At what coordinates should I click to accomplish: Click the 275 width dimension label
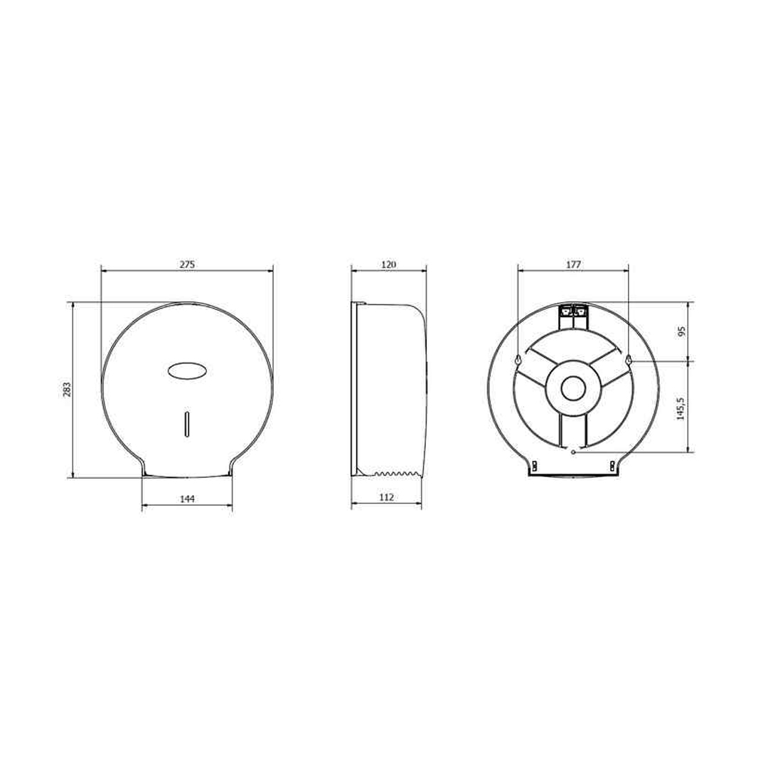pos(186,265)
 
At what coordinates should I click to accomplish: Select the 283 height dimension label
pos(67,390)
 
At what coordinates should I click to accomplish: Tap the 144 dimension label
pos(187,498)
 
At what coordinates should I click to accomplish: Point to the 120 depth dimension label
pos(388,265)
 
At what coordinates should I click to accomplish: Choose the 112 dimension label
pos(386,497)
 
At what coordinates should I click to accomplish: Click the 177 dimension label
pos(573,265)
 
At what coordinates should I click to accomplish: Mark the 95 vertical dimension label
pos(681,331)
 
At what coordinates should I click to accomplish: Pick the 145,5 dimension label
pos(681,407)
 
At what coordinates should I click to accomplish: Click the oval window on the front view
pos(186,370)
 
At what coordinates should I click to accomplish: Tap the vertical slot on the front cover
pos(186,424)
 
